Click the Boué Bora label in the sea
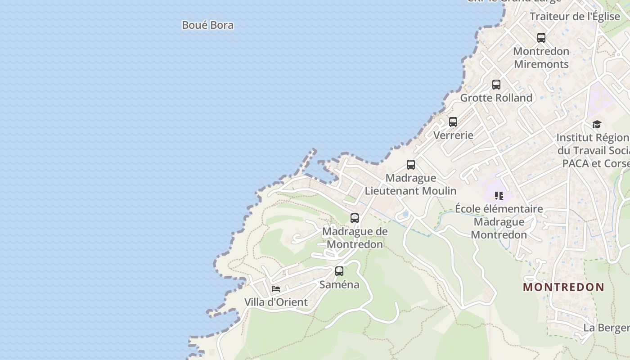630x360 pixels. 207,25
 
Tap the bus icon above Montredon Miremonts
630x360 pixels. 541,38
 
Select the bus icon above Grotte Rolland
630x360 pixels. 496,85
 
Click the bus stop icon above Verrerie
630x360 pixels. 453,122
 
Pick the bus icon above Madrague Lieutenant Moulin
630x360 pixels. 411,165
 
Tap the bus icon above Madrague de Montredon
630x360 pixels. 355,218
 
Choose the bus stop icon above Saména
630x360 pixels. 339,271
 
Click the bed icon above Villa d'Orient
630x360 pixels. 276,289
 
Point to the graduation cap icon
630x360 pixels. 597,124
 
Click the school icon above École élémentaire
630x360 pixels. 499,195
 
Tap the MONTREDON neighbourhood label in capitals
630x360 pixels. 563,287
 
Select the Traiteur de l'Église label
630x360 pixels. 575,17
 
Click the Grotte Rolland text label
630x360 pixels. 496,98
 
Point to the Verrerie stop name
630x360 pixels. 453,135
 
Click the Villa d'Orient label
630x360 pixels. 276,302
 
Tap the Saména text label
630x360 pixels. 339,284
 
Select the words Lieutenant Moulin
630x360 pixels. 410,191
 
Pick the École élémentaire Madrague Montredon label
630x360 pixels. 499,222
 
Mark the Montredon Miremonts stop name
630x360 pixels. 541,58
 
